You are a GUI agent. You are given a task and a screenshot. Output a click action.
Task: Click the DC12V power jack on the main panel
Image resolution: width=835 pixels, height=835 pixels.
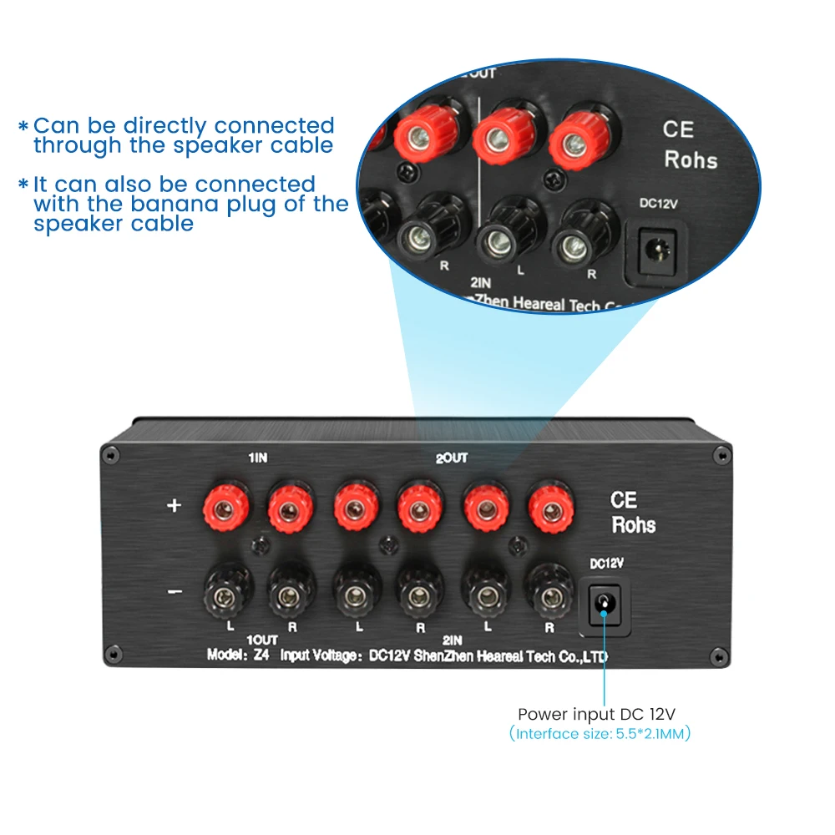pyautogui.click(x=604, y=602)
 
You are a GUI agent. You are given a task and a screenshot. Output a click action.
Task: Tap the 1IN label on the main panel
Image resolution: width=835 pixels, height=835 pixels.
pyautogui.click(x=258, y=458)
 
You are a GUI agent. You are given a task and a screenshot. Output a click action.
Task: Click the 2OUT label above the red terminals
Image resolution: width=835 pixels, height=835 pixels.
pyautogui.click(x=452, y=458)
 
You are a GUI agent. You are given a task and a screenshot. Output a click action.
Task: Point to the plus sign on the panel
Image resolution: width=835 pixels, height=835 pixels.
pyautogui.click(x=175, y=505)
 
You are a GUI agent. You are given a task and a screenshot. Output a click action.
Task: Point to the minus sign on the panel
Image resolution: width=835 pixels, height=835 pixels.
pyautogui.click(x=175, y=592)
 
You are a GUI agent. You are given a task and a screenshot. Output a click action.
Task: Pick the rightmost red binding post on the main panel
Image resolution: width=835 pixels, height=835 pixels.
pyautogui.click(x=549, y=507)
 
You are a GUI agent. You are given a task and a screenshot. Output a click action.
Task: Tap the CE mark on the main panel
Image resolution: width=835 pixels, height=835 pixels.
pyautogui.click(x=624, y=500)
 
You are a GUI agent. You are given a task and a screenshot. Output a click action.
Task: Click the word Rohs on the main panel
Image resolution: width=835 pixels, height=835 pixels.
pyautogui.click(x=634, y=525)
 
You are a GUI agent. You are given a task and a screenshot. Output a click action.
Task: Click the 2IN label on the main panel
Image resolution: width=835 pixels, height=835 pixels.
pyautogui.click(x=453, y=639)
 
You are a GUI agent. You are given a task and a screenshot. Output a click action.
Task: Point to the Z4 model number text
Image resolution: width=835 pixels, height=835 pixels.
pyautogui.click(x=261, y=655)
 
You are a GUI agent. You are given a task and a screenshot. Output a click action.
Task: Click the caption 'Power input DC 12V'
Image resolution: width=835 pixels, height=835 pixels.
pyautogui.click(x=596, y=714)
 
